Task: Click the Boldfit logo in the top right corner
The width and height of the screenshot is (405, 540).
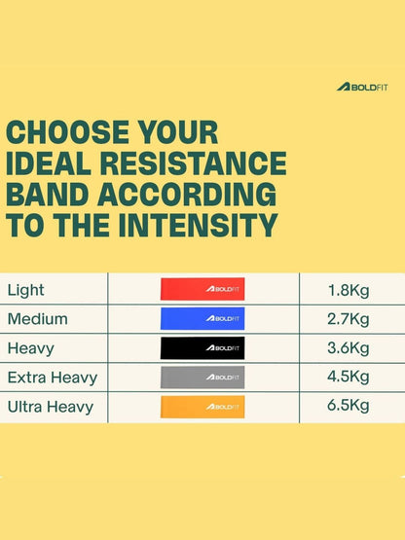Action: pos(362,87)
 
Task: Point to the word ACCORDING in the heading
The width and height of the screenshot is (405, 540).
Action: pos(187,195)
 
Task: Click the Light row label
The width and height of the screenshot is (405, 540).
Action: pos(26,290)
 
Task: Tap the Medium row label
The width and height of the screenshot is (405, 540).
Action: pos(38,319)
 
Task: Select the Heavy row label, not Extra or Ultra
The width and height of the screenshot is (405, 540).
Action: pos(31,348)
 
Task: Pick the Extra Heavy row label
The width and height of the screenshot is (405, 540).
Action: pos(53,378)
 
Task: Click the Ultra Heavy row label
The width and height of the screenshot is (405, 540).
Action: pos(51,407)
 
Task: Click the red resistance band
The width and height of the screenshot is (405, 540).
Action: pos(202,289)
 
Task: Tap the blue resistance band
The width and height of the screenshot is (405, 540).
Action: pos(202,318)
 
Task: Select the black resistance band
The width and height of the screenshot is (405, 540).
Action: pos(202,347)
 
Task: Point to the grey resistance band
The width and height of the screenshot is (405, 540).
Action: pos(202,378)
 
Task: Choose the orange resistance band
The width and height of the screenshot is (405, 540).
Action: pos(202,407)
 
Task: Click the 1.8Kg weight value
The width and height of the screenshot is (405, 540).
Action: pos(349,290)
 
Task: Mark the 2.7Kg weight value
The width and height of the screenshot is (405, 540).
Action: pos(349,319)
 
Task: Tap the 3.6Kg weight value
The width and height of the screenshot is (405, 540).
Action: pos(349,348)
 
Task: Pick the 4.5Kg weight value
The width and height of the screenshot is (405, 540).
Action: pos(349,377)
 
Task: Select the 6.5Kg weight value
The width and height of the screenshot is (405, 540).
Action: pos(349,406)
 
